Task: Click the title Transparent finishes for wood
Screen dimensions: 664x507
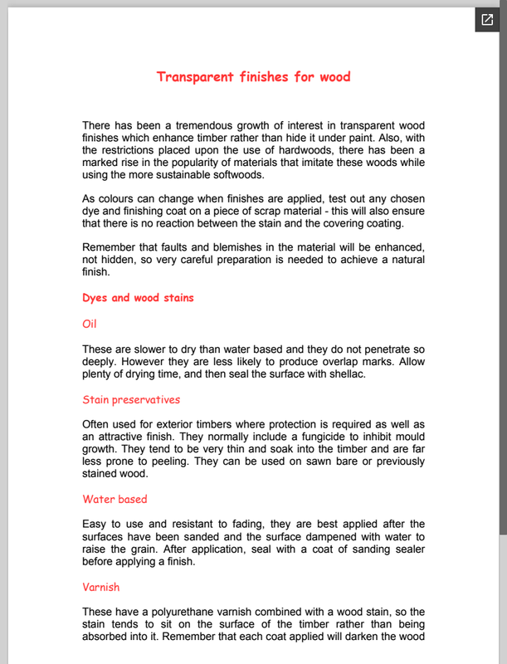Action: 253,77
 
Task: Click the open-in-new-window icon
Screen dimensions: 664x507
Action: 487,19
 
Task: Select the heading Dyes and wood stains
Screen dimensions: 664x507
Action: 139,297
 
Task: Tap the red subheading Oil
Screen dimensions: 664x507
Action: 90,324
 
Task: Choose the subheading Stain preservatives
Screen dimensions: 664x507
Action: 131,400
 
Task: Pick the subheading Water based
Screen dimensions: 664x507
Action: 115,500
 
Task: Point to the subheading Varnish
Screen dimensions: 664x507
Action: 101,587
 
